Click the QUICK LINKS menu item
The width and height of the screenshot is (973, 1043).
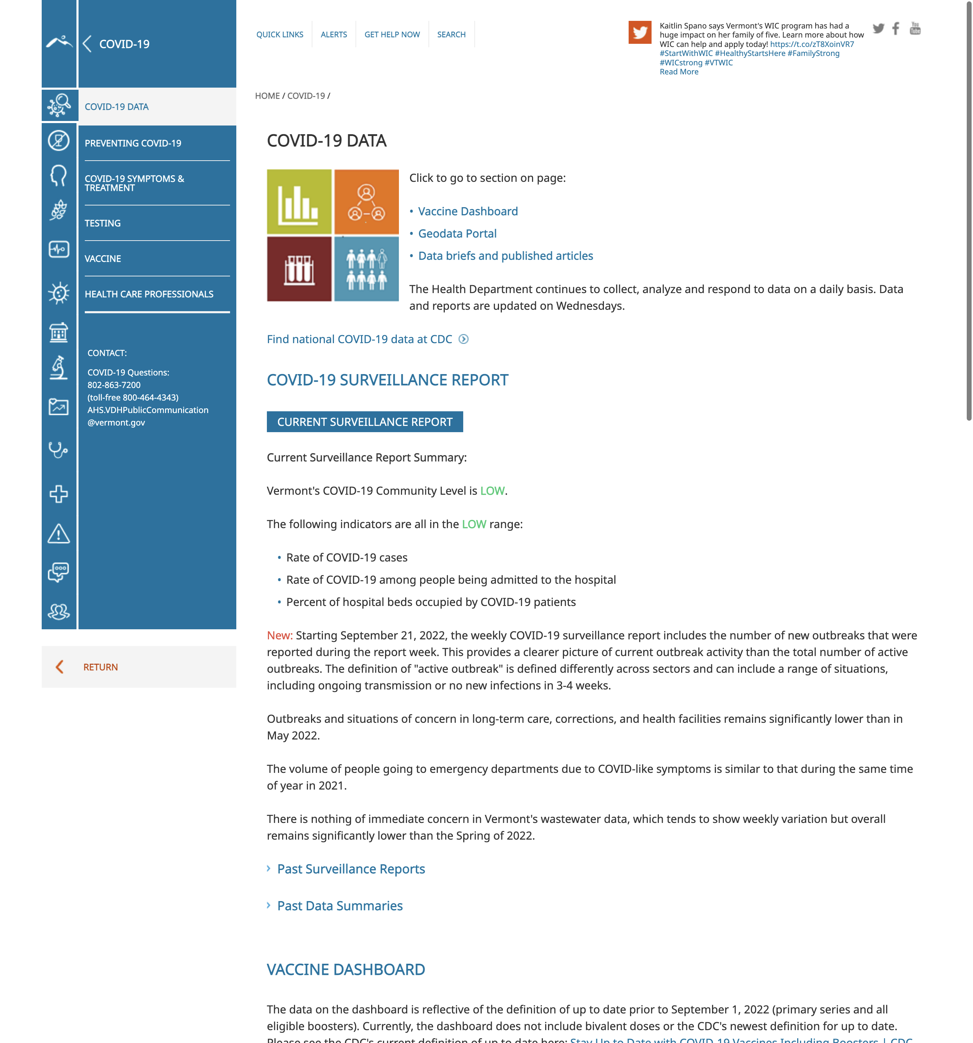[280, 35]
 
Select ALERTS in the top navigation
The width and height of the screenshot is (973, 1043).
[334, 35]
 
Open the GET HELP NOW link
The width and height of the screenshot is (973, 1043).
[392, 35]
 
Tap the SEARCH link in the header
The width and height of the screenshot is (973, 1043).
[451, 35]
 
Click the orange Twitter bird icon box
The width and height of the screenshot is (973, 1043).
[639, 33]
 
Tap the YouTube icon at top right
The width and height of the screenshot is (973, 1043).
[915, 28]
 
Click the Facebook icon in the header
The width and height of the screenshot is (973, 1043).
[896, 28]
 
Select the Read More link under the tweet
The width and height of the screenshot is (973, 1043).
[679, 72]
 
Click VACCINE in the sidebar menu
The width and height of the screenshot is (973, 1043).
[103, 259]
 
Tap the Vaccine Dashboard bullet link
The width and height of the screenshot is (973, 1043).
[467, 211]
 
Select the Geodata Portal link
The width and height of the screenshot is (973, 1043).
[457, 234]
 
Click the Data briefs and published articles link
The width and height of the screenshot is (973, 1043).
[505, 256]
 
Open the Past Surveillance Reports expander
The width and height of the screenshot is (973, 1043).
[350, 870]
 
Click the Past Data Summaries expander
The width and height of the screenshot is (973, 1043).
[340, 906]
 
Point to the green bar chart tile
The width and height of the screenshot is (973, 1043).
[299, 202]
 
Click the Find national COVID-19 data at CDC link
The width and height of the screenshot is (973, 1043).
[359, 339]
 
